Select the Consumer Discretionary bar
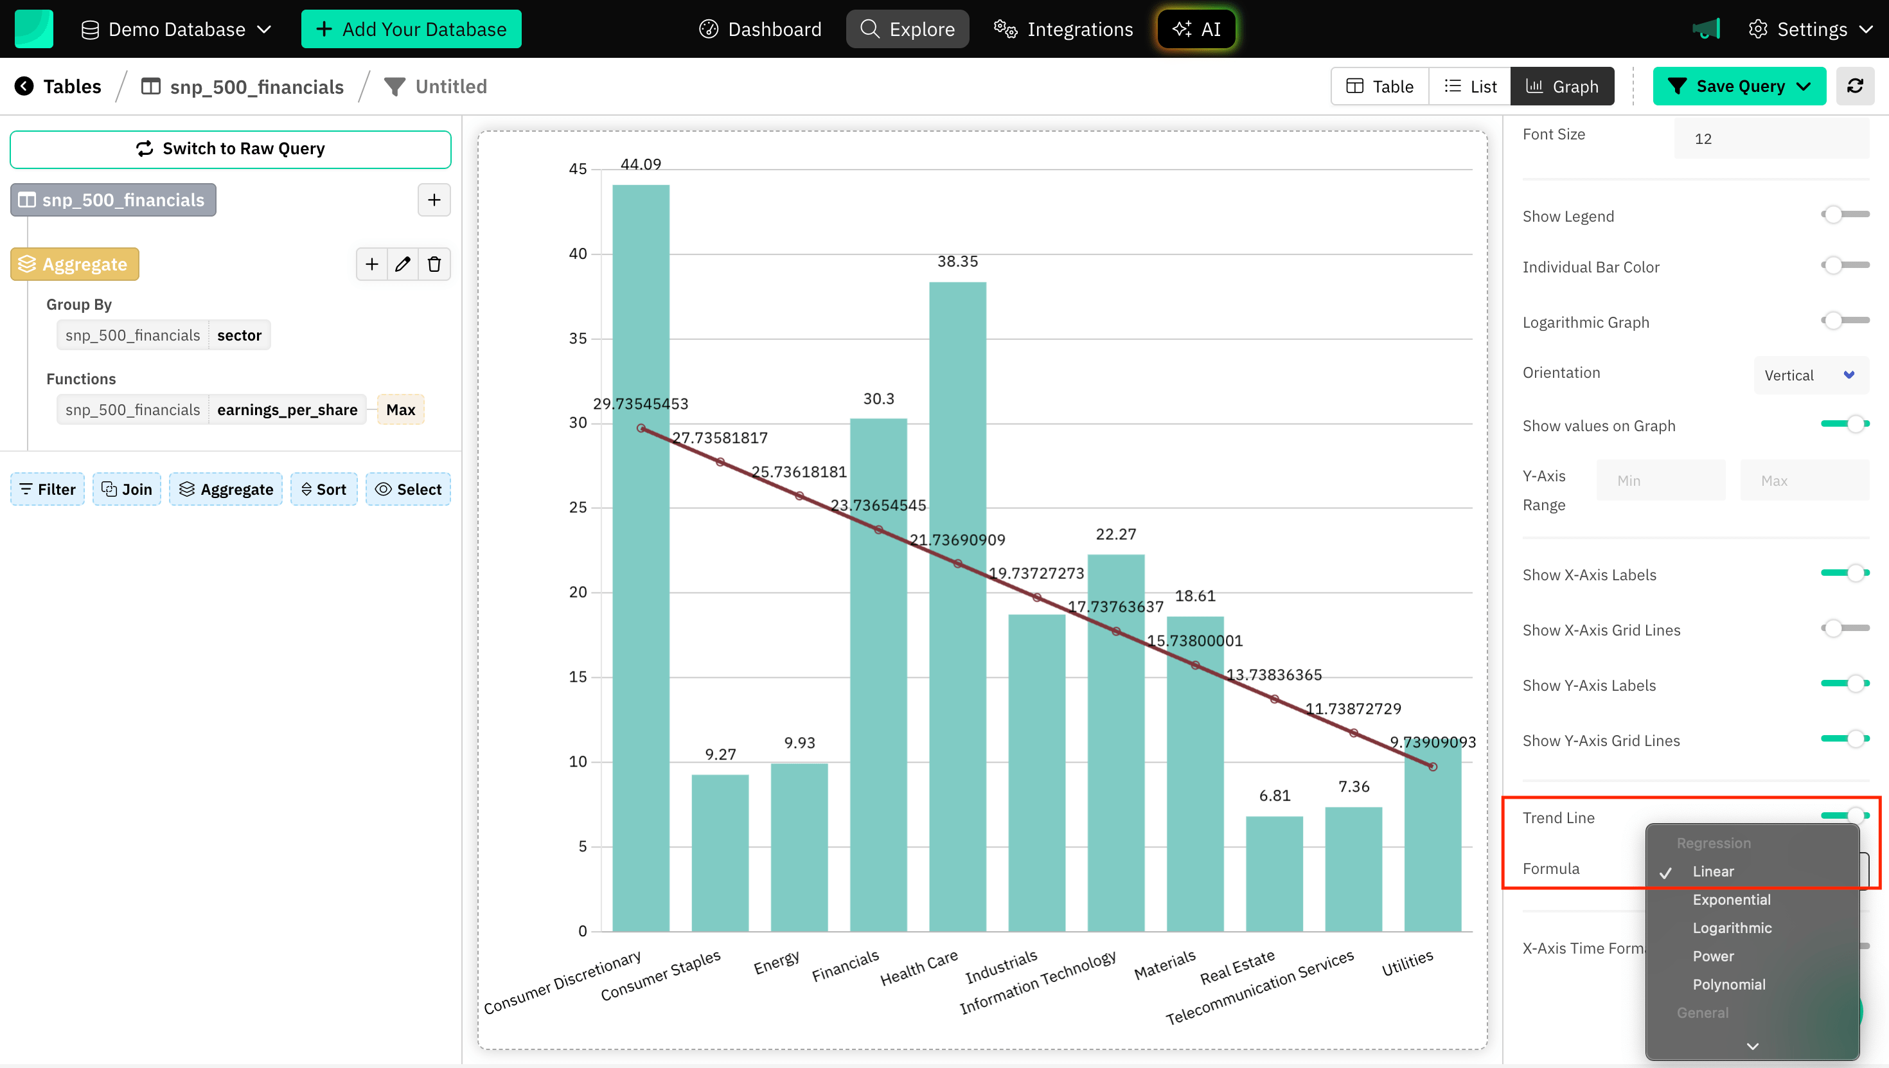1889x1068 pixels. (640, 558)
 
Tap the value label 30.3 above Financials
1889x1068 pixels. (878, 399)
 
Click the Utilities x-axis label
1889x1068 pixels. (1407, 963)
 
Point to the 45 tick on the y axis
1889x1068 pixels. (578, 170)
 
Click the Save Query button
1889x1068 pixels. (1739, 87)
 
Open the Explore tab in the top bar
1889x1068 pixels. (907, 30)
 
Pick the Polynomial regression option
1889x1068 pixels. (1728, 984)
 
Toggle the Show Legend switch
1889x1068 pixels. (1844, 215)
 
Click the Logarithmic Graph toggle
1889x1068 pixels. (1844, 321)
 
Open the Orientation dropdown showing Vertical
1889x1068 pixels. (1810, 375)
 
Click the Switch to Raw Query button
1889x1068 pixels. (230, 149)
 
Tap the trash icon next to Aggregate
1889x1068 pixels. (434, 264)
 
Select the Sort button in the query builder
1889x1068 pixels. (323, 489)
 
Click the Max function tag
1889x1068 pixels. (400, 410)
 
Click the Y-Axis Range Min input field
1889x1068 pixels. (1660, 481)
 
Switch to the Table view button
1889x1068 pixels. (1379, 87)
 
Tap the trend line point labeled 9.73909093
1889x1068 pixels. (1432, 767)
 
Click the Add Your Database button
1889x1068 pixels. (411, 30)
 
